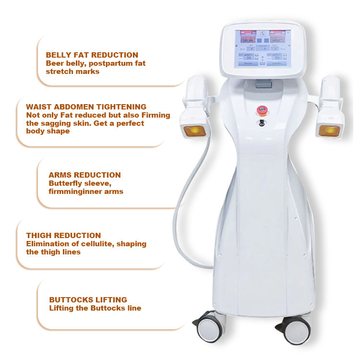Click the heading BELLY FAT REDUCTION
tap(92, 55)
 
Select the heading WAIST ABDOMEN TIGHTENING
tap(86, 107)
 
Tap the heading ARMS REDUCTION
tap(84, 175)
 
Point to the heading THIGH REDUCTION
tap(63, 236)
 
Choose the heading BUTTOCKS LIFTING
tap(88, 300)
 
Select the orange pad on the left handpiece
tap(194, 131)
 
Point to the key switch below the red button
tap(262, 123)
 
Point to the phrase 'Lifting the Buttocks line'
tap(95, 308)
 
